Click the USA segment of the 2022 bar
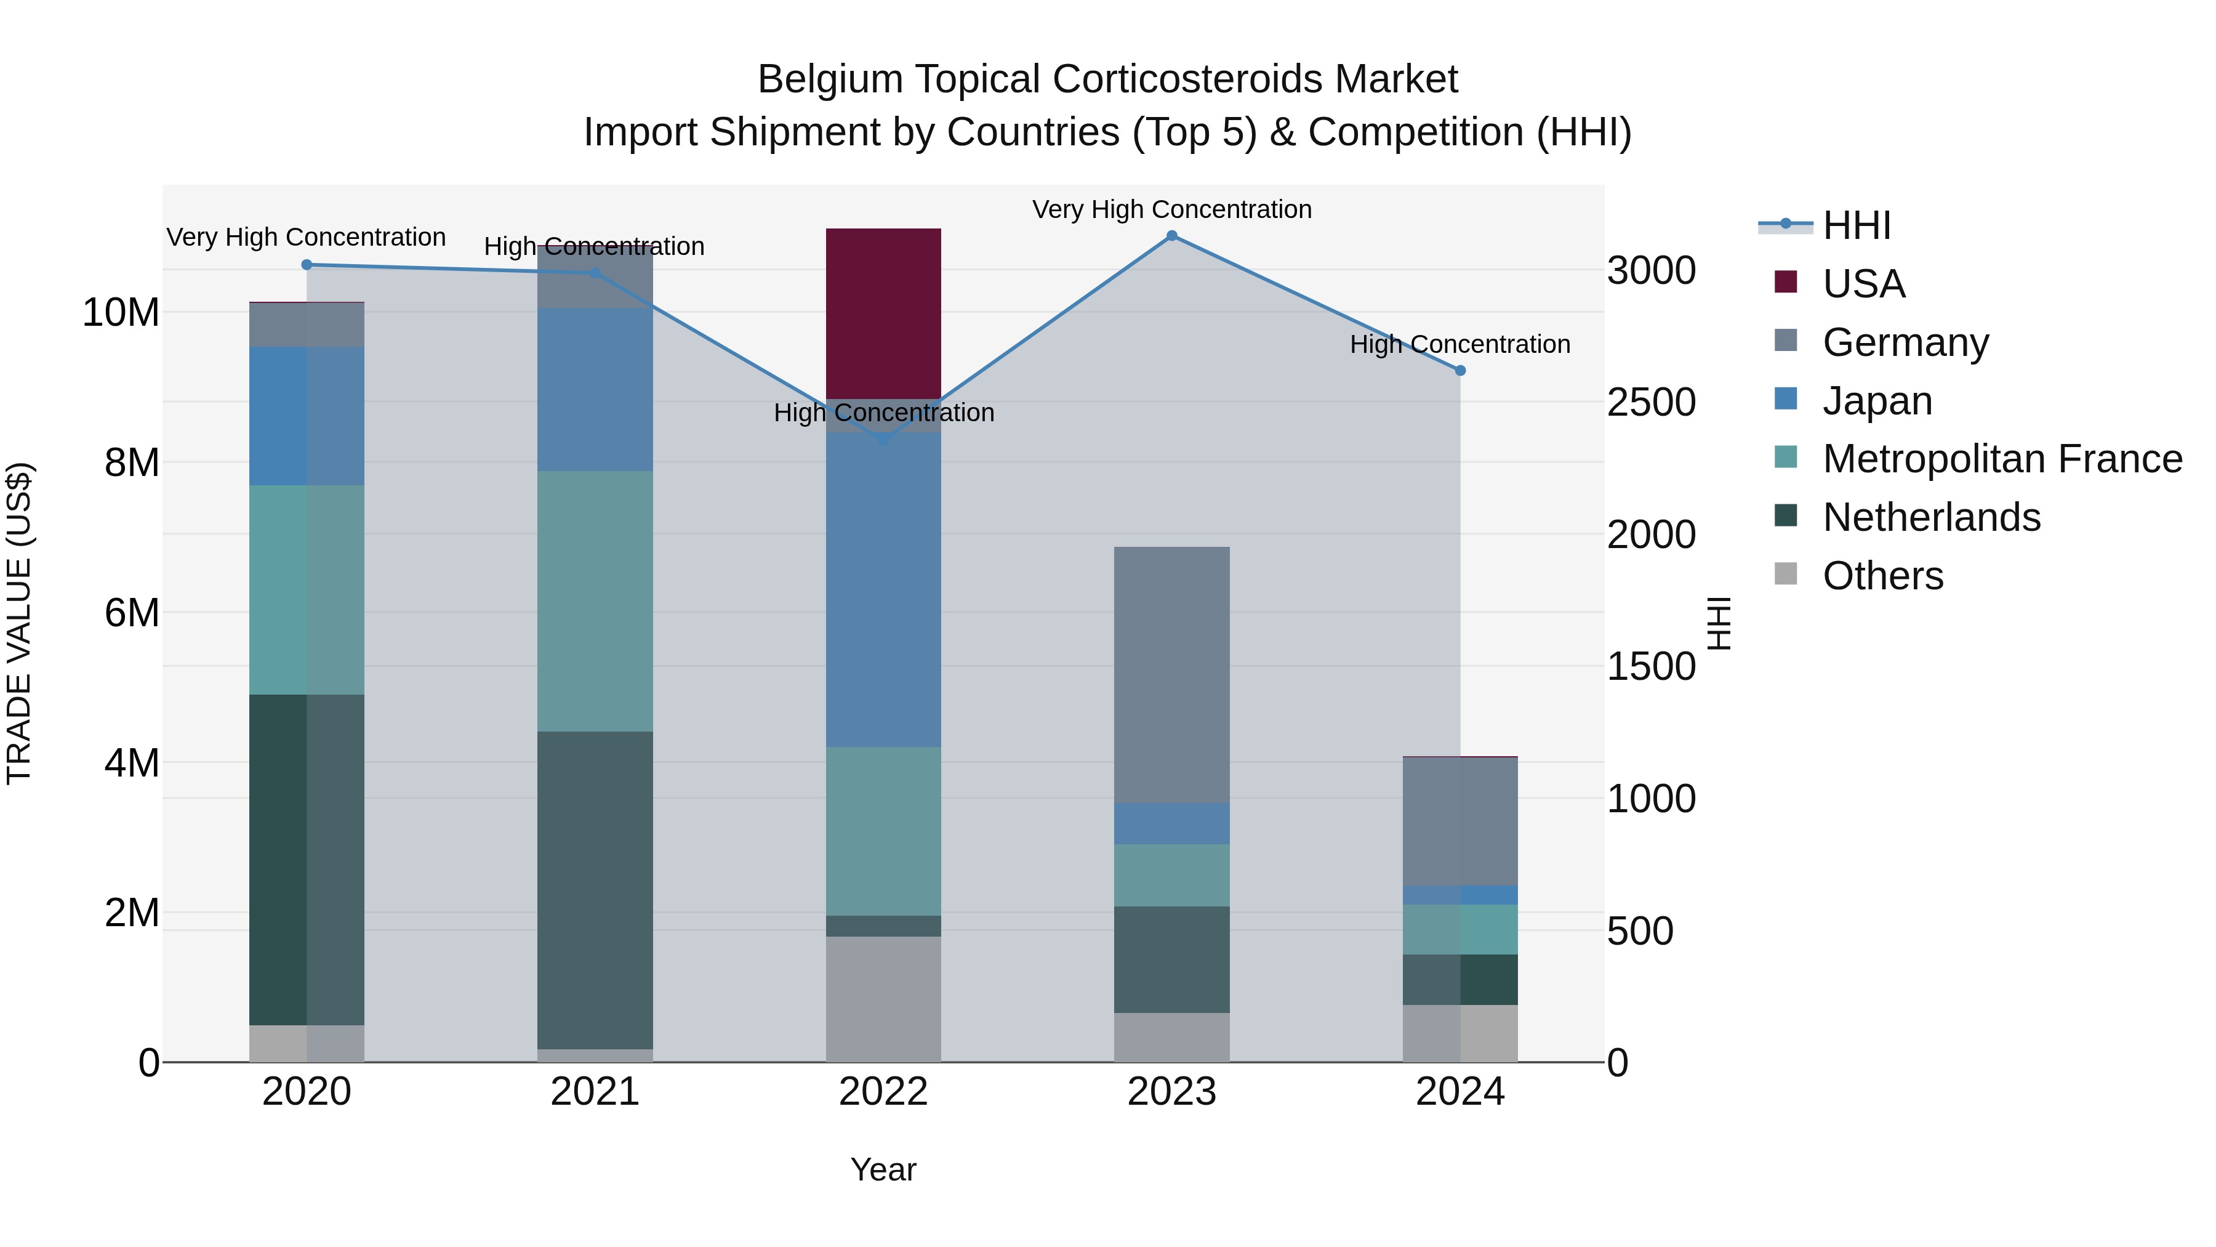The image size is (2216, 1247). coord(883,313)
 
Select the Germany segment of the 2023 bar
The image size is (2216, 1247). coord(1171,675)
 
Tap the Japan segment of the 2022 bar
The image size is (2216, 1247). coord(883,589)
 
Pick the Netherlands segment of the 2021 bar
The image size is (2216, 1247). coord(595,890)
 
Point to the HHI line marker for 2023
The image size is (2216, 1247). coord(1171,236)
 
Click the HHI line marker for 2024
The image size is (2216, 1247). coord(1460,371)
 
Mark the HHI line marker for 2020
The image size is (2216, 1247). coord(307,265)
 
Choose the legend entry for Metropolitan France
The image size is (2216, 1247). coord(2001,459)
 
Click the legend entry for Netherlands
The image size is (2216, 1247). coord(1930,517)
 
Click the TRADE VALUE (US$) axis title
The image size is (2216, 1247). coord(19,623)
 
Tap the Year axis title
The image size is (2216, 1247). coord(883,1169)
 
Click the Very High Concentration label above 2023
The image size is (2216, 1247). coord(1171,209)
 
